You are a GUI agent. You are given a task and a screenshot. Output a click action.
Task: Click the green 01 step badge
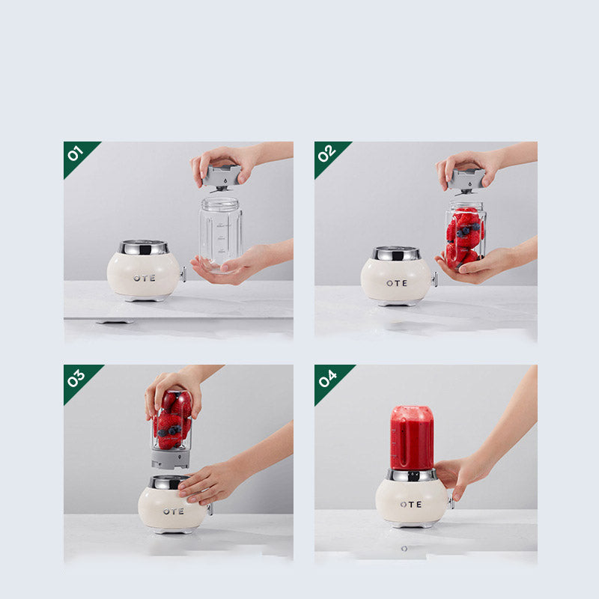pyautogui.click(x=76, y=153)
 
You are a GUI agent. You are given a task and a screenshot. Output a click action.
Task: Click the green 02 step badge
pyautogui.click(x=326, y=153)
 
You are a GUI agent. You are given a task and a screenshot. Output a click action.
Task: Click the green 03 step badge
pyautogui.click(x=76, y=377)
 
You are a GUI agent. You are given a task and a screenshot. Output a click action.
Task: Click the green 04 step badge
pyautogui.click(x=326, y=377)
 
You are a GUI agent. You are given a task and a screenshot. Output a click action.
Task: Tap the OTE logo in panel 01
pyautogui.click(x=145, y=278)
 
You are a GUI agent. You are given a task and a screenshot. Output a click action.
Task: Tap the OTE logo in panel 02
pyautogui.click(x=397, y=283)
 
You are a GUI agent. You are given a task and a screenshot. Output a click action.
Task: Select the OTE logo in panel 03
pyautogui.click(x=173, y=511)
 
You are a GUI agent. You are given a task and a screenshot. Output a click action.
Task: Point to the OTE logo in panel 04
pyautogui.click(x=410, y=505)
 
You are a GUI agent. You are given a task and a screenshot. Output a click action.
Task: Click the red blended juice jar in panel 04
pyautogui.click(x=412, y=438)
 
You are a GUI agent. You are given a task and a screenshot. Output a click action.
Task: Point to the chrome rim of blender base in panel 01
pyautogui.click(x=144, y=248)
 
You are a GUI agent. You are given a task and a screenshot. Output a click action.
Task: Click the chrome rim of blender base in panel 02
pyautogui.click(x=396, y=254)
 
